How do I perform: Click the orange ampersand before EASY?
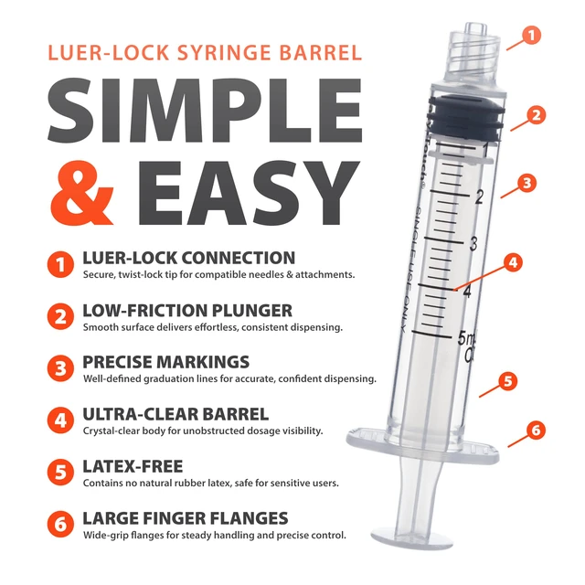click(x=83, y=193)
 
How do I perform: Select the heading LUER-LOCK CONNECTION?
click(x=189, y=258)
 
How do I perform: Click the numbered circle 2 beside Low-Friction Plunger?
click(x=60, y=316)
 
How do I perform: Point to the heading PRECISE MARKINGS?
click(x=166, y=362)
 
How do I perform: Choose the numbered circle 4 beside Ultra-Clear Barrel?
click(x=60, y=420)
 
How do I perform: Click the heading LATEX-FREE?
click(x=133, y=466)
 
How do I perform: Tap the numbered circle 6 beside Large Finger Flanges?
click(x=60, y=524)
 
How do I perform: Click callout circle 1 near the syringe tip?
click(x=531, y=35)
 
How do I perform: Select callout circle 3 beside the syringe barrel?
click(x=526, y=183)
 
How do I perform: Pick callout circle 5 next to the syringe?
click(x=508, y=381)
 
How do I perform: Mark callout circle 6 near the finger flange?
click(x=536, y=430)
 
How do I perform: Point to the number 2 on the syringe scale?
click(x=479, y=197)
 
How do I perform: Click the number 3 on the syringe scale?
click(x=473, y=244)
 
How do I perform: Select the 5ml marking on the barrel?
click(x=467, y=338)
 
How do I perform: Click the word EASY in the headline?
click(x=249, y=193)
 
